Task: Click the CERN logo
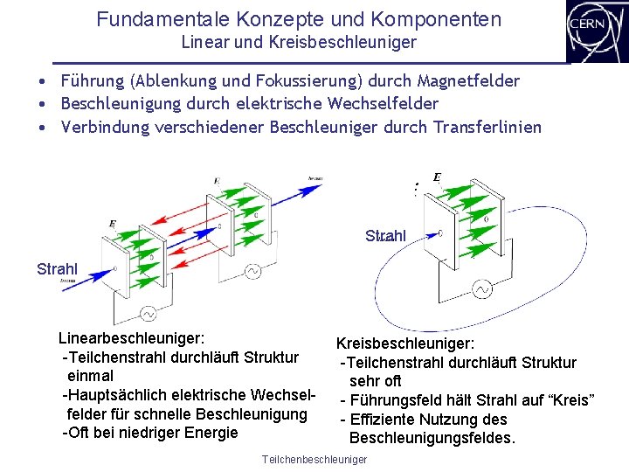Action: tap(596, 31)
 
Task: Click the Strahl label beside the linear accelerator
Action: tap(58, 268)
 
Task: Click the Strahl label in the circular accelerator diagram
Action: tap(385, 236)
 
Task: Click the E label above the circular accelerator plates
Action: tap(437, 177)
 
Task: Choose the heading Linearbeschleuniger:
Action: tap(132, 337)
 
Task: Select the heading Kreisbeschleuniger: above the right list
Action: tap(405, 344)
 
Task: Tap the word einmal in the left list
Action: tap(90, 376)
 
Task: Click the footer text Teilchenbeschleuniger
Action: tap(314, 460)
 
